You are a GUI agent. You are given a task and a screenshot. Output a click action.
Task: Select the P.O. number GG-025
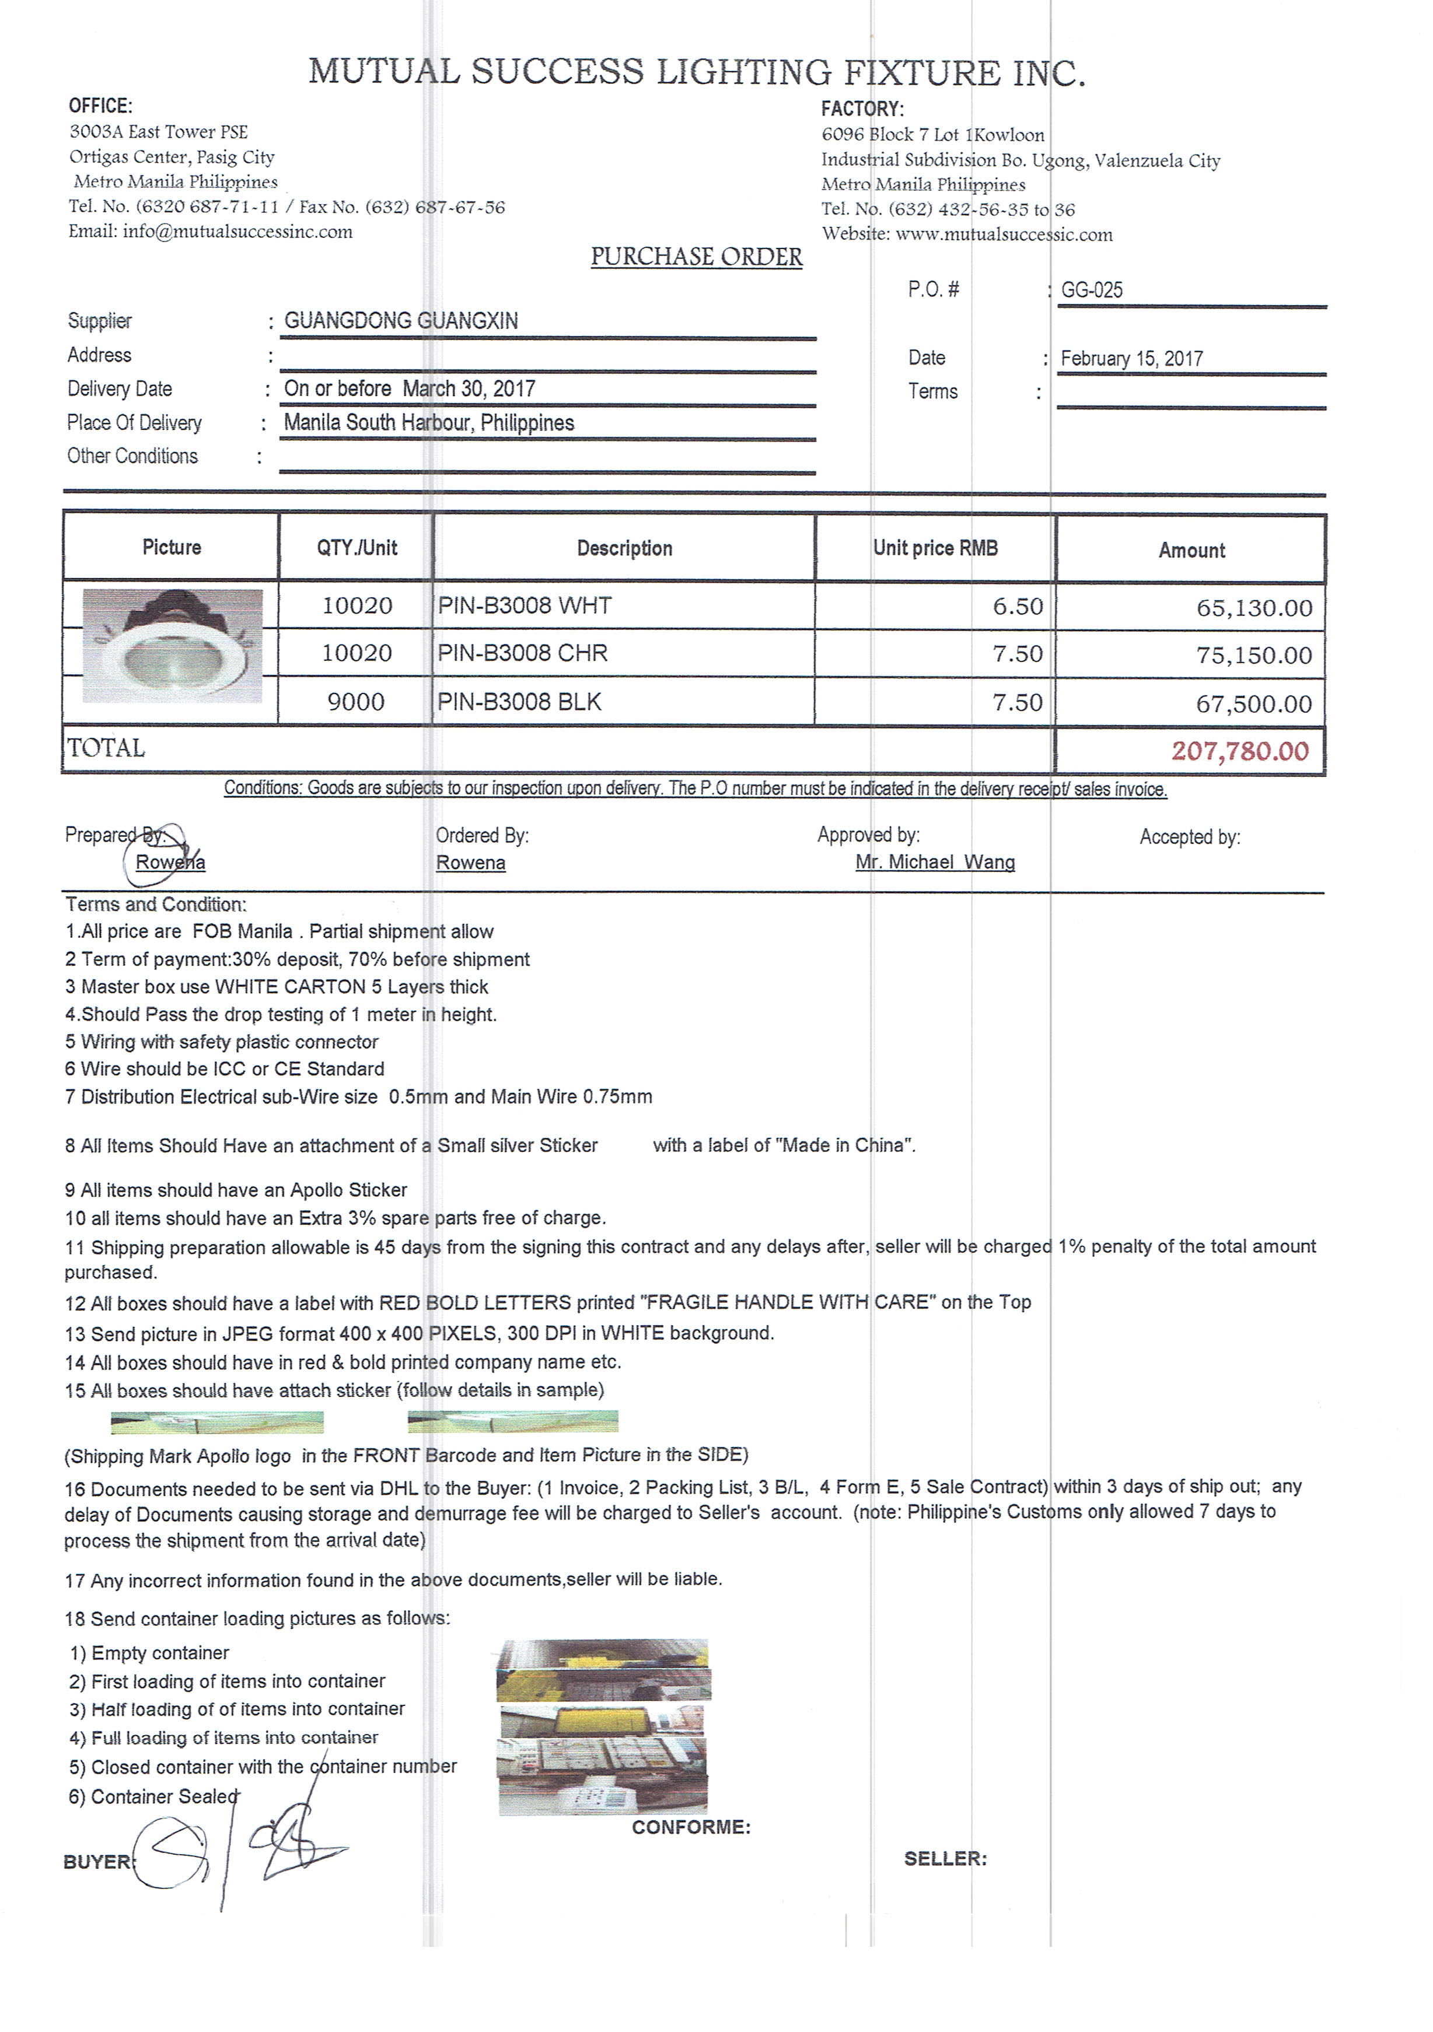pos(1091,290)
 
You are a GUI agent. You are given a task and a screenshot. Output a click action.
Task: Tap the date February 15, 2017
pos(1131,359)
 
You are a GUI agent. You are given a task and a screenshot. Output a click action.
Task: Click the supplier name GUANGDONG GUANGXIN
pos(401,321)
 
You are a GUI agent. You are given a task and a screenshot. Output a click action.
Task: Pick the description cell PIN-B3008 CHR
pos(522,653)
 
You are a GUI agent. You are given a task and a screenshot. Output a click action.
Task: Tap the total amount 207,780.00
pos(1239,751)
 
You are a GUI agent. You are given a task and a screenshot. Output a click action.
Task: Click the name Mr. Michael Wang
pos(935,862)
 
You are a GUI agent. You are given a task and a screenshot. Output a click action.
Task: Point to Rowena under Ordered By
pos(470,863)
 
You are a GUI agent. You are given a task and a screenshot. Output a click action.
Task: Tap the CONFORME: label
pos(690,1827)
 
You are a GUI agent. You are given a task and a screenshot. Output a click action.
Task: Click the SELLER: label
pos(945,1859)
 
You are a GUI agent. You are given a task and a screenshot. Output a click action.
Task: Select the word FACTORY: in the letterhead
pos(862,109)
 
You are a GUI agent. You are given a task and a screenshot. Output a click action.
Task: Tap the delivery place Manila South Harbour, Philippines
pos(428,423)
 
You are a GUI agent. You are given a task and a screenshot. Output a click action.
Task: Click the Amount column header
pos(1191,551)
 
